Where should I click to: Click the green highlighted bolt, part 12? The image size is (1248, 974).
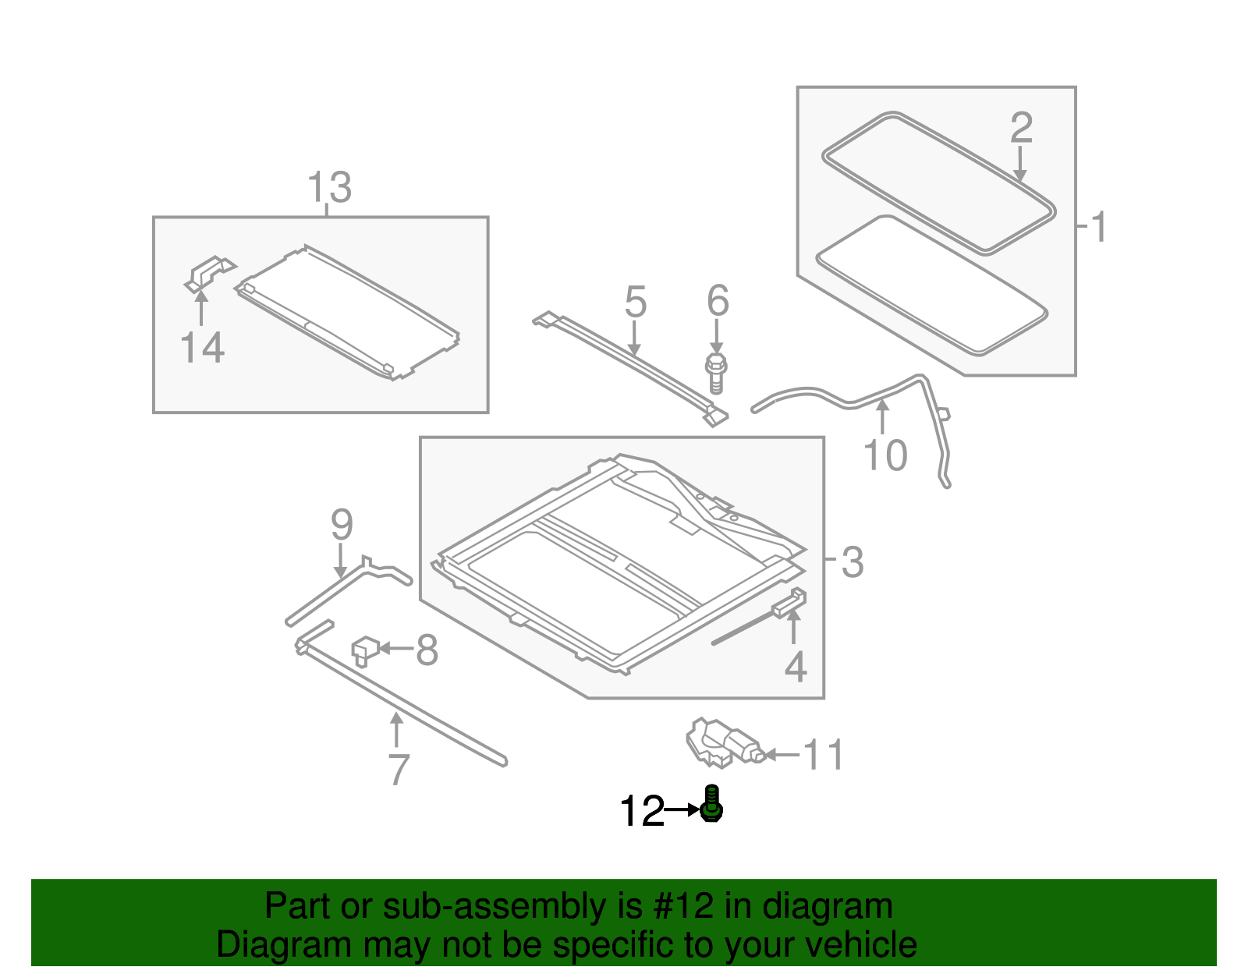711,803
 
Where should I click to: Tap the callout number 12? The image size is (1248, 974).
641,811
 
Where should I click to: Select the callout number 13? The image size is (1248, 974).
328,187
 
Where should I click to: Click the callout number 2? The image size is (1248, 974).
1021,127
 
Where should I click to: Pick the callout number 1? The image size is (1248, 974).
1097,227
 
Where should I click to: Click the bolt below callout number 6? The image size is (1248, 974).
715,374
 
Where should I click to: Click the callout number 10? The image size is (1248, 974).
885,455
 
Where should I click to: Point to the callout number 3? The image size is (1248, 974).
853,562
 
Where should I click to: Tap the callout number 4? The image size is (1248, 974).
796,667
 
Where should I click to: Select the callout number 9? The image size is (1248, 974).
342,525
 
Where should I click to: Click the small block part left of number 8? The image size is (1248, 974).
365,651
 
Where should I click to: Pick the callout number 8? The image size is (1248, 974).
427,650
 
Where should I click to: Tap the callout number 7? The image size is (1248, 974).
399,769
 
